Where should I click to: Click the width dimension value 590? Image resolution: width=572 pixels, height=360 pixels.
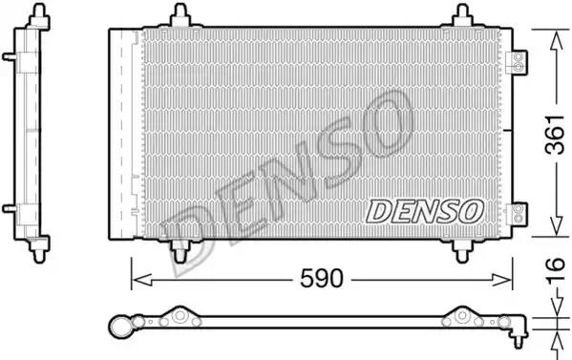pyautogui.click(x=322, y=279)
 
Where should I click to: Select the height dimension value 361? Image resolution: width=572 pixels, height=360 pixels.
pyautogui.click(x=555, y=135)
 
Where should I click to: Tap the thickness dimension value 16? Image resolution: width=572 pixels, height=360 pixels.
pyautogui.click(x=555, y=270)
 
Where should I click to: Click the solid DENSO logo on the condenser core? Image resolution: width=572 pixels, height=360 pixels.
pyautogui.click(x=425, y=212)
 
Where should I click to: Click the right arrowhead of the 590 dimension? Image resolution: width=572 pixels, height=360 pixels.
pyautogui.click(x=502, y=280)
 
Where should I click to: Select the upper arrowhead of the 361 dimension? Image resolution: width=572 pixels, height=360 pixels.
pyautogui.click(x=556, y=41)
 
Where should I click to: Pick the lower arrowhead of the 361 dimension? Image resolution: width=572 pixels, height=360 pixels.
pyautogui.click(x=556, y=225)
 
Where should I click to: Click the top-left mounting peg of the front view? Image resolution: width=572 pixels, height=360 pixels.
pyautogui.click(x=180, y=15)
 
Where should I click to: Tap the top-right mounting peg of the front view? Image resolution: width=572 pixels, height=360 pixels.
pyautogui.click(x=462, y=15)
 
